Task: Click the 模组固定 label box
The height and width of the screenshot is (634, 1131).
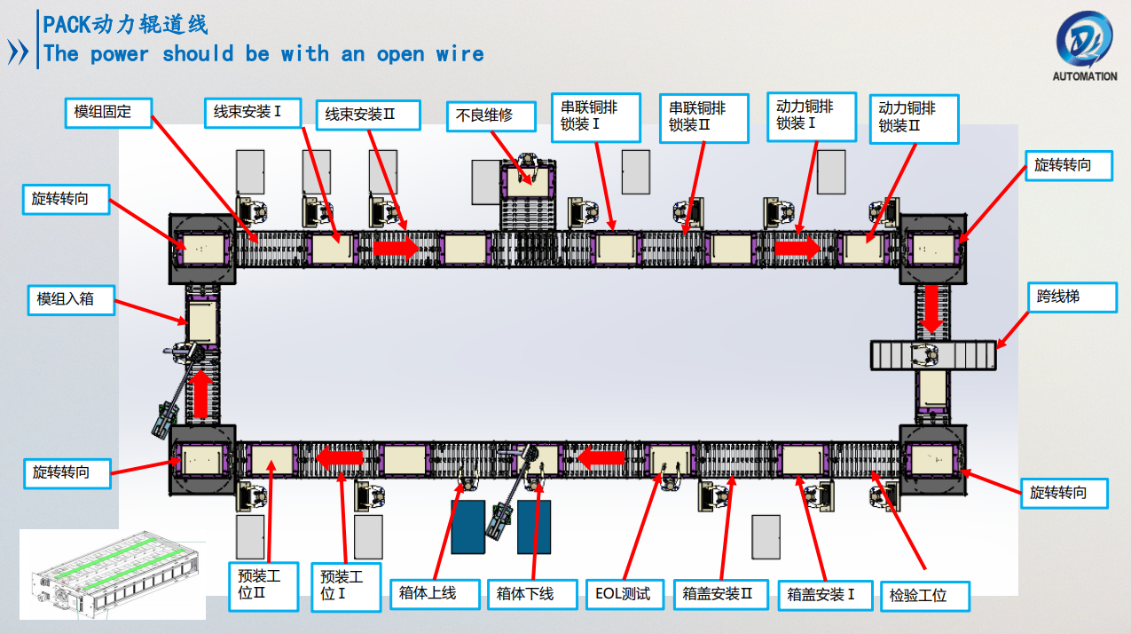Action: pyautogui.click(x=109, y=112)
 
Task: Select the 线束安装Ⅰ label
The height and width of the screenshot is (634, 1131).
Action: pyautogui.click(x=247, y=113)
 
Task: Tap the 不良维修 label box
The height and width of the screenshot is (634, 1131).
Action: pyautogui.click(x=491, y=115)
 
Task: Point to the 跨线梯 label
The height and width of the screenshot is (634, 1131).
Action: pyautogui.click(x=1072, y=297)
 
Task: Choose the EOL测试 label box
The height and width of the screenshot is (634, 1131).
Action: pyautogui.click(x=624, y=593)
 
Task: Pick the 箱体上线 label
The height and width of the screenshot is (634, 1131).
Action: pyautogui.click(x=435, y=593)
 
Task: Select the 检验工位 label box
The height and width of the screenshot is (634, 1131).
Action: pyautogui.click(x=924, y=595)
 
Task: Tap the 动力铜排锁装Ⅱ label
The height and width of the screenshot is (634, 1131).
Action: pyautogui.click(x=914, y=117)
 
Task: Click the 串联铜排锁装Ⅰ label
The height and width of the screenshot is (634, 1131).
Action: pyautogui.click(x=595, y=116)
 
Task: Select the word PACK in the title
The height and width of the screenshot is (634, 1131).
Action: pyautogui.click(x=67, y=24)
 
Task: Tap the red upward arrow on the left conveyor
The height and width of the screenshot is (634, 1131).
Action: pyautogui.click(x=201, y=394)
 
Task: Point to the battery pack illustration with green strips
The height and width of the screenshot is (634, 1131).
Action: pyautogui.click(x=113, y=574)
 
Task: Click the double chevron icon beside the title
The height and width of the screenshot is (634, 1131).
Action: pyautogui.click(x=19, y=52)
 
